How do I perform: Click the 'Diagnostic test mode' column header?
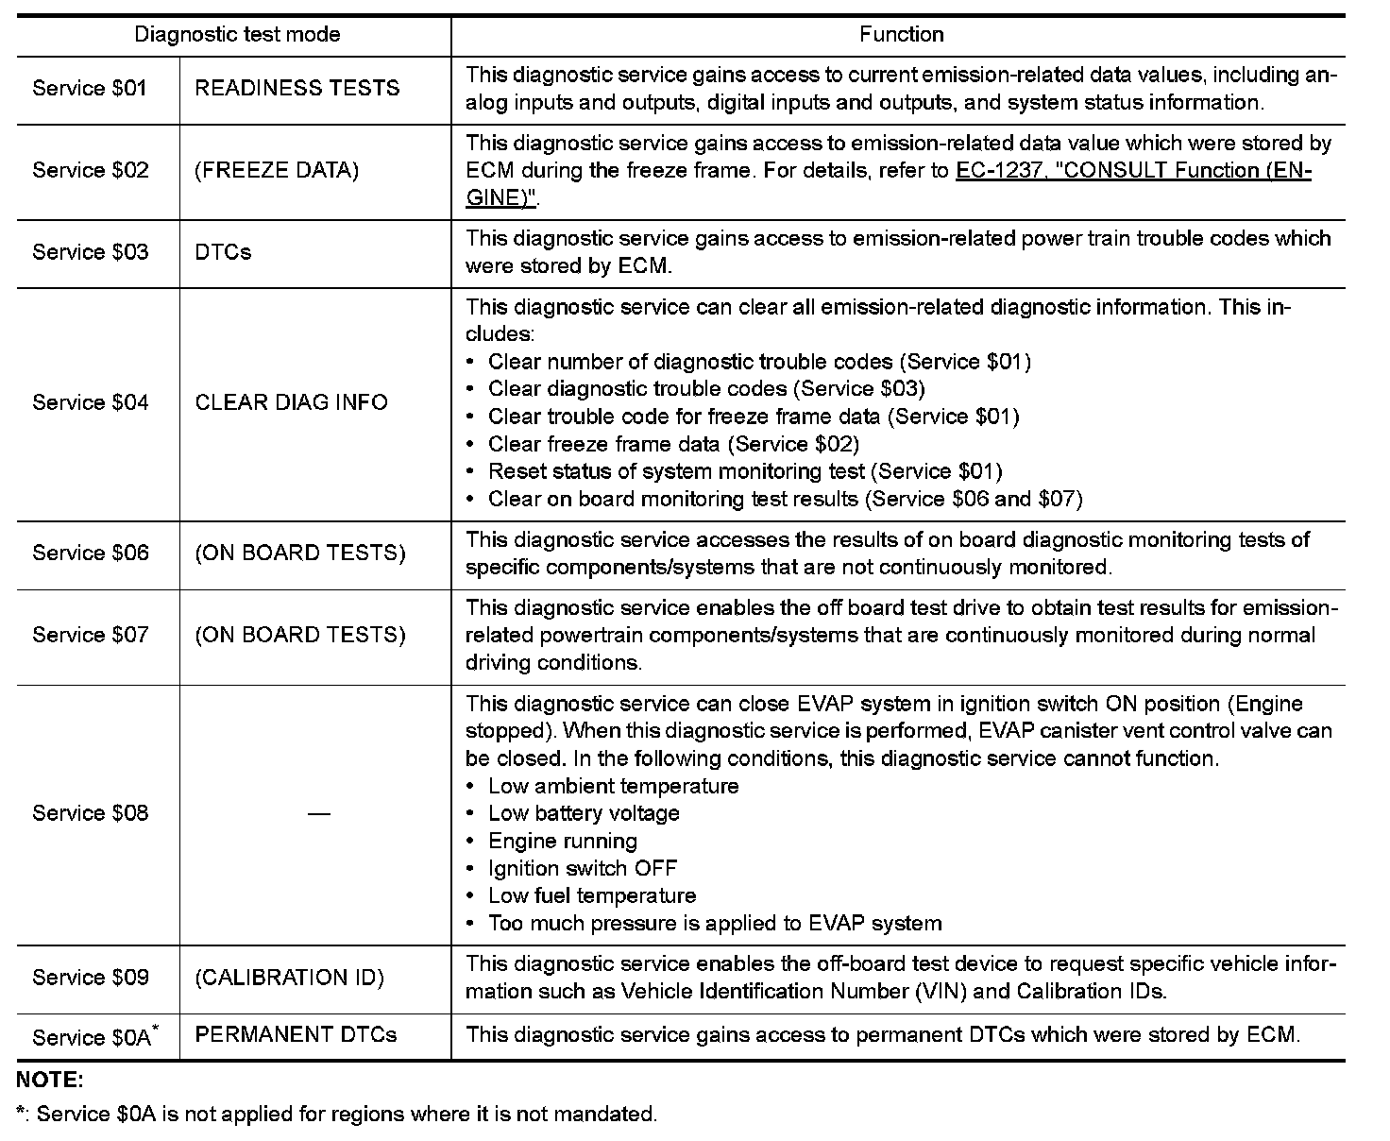(237, 36)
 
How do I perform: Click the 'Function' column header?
(901, 35)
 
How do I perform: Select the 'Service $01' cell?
(90, 89)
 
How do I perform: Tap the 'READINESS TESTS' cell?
(297, 89)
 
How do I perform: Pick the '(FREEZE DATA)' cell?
(277, 171)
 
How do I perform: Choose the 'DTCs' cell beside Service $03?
(224, 252)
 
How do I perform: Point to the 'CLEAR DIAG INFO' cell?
(291, 403)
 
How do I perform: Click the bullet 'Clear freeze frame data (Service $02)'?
(673, 444)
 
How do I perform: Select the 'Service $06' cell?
(91, 553)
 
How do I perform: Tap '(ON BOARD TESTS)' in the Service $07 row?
(300, 635)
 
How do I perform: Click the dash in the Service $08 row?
(319, 814)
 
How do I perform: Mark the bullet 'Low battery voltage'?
(584, 813)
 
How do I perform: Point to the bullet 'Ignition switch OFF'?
(583, 868)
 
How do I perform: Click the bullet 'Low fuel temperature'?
(592, 895)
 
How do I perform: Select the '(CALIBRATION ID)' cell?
(289, 978)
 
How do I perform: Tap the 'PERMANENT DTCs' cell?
(296, 1035)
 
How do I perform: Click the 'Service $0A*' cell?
(94, 1037)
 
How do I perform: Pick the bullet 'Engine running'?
(563, 841)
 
